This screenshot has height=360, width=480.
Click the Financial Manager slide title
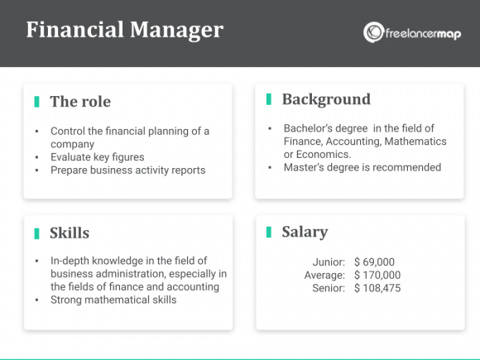point(124,31)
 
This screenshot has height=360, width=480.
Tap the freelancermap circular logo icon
point(372,33)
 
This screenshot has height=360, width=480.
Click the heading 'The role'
point(80,102)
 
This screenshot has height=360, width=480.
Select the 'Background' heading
point(326,99)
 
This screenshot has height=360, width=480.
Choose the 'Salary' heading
point(305,232)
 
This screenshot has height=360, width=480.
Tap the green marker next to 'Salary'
point(268,232)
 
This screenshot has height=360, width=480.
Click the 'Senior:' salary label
point(329,288)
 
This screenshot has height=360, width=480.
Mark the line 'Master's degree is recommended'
point(363,167)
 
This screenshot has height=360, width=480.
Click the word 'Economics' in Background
point(321,154)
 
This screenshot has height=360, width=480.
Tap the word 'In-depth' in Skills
point(70,261)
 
